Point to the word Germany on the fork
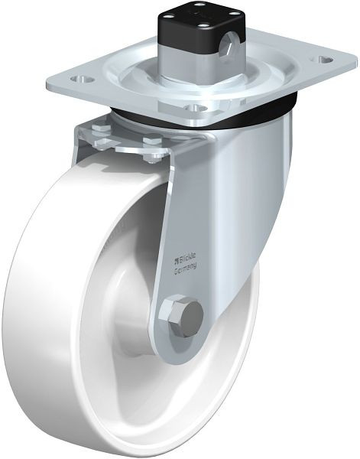(x=185, y=269)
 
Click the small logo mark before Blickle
(x=176, y=259)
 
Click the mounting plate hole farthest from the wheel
(x=323, y=60)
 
